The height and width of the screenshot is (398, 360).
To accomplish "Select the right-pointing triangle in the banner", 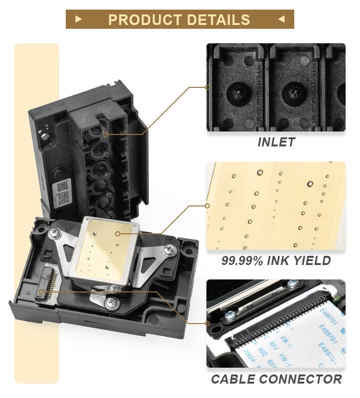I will [x=79, y=19].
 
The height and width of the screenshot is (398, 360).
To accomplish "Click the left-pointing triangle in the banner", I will [x=281, y=19].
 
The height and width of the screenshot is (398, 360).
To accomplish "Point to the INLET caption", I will [x=276, y=142].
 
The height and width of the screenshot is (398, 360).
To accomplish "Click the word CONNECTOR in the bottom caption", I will [x=301, y=379].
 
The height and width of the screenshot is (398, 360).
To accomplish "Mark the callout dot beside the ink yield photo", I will [x=207, y=206].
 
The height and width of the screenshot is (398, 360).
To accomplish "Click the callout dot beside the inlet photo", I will [x=207, y=87].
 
